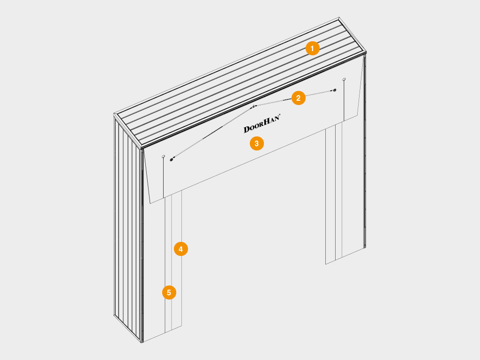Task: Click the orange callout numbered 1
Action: [x=312, y=48]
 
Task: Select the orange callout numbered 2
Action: [x=299, y=98]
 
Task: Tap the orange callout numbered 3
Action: [x=256, y=143]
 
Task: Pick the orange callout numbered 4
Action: [x=180, y=249]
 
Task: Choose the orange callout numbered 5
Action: [x=169, y=292]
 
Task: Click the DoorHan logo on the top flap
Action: [x=262, y=123]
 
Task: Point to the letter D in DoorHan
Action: [x=247, y=129]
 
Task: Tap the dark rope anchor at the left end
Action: [x=172, y=159]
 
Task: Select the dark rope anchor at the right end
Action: [x=335, y=90]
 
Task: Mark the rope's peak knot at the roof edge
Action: [x=254, y=106]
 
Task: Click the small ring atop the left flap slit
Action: [x=163, y=157]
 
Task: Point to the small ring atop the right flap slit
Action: [x=344, y=79]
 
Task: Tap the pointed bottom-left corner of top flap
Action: [x=150, y=203]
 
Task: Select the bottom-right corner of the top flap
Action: [x=357, y=115]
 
